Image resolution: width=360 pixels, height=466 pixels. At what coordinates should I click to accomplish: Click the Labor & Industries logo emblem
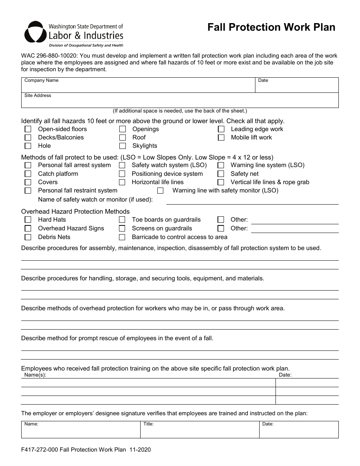[x=35, y=32]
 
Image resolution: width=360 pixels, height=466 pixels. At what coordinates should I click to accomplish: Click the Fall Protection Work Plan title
[x=271, y=28]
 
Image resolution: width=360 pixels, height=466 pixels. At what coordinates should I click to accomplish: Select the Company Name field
[x=138, y=85]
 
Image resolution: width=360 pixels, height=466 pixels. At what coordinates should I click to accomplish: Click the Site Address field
[x=180, y=100]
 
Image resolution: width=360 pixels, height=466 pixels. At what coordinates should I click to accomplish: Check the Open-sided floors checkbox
[x=28, y=129]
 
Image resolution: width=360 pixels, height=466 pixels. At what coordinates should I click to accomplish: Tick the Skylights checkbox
[x=122, y=146]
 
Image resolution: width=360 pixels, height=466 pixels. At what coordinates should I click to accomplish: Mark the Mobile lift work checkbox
[x=221, y=138]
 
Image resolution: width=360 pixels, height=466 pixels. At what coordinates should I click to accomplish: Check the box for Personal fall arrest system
[x=28, y=165]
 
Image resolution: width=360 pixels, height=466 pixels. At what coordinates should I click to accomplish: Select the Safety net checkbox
[x=221, y=174]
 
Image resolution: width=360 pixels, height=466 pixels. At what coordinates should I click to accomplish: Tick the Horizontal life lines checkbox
[x=122, y=182]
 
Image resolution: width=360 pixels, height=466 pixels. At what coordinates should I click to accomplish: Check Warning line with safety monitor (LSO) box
[x=161, y=191]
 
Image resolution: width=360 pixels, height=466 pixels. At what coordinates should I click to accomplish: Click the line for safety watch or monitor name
[x=252, y=200]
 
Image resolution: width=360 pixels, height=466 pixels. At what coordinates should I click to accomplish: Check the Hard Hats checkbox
[x=28, y=220]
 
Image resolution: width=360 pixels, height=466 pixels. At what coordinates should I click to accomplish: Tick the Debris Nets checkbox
[x=28, y=237]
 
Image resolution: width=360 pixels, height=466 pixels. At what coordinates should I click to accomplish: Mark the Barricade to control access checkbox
[x=122, y=237]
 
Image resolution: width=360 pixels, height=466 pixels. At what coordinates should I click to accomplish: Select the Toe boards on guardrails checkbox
[x=122, y=220]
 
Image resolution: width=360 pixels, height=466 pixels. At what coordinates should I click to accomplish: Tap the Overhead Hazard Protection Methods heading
[x=75, y=211]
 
